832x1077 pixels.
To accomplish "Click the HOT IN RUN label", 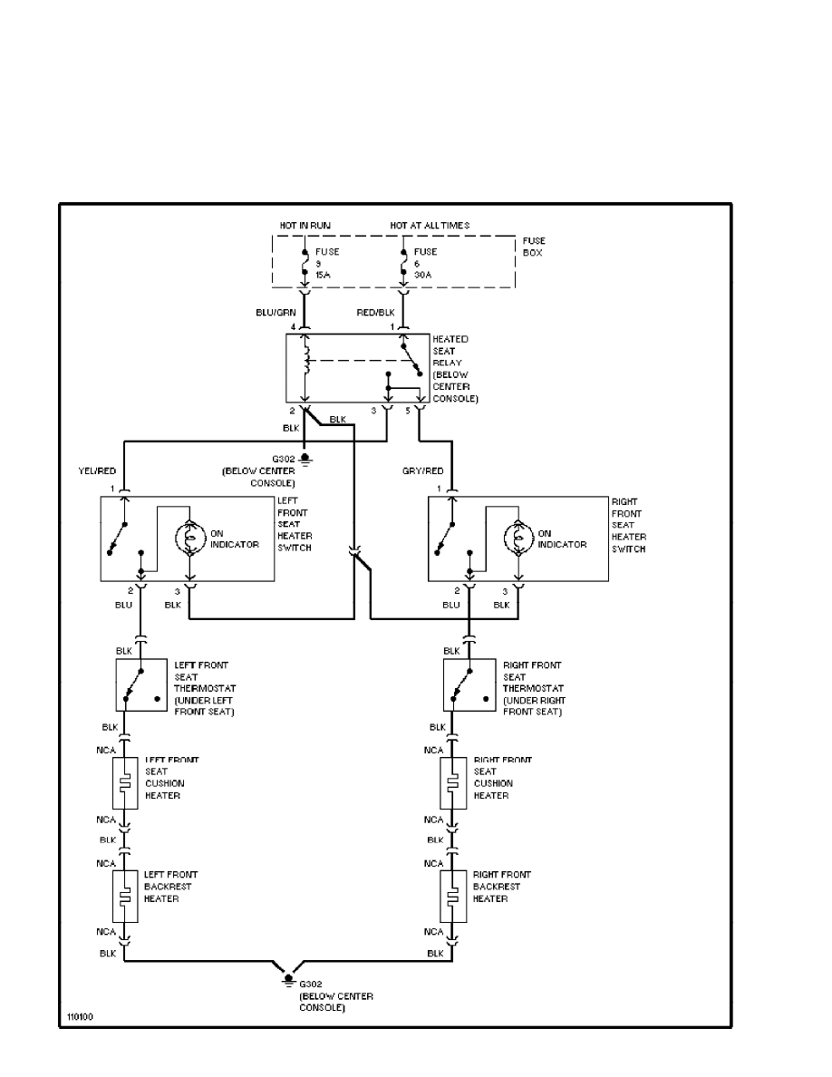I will (x=305, y=226).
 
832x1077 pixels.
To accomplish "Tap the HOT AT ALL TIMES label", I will (x=430, y=226).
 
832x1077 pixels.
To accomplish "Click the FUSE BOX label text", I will (x=533, y=247).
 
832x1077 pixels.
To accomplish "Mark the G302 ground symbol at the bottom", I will (x=288, y=979).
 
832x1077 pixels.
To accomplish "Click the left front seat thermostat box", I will (x=141, y=685).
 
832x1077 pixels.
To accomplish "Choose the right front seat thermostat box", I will (x=469, y=685).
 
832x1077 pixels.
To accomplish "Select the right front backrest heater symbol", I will (x=453, y=897).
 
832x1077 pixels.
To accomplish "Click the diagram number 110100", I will (x=79, y=1016).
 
